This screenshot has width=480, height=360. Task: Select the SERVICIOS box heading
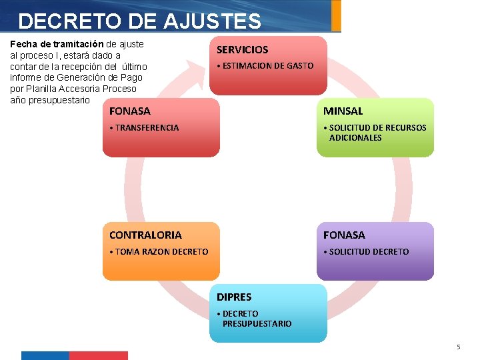(x=242, y=50)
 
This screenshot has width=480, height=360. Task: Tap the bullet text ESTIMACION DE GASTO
(x=267, y=66)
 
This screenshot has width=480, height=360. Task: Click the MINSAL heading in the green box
(x=343, y=111)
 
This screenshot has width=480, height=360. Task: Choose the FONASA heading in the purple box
(x=344, y=235)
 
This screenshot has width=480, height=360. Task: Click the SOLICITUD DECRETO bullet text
(x=368, y=252)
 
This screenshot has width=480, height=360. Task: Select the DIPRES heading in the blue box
(x=234, y=297)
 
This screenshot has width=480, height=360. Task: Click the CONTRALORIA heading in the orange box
(x=145, y=235)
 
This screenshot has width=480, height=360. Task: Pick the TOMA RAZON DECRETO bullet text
(x=161, y=252)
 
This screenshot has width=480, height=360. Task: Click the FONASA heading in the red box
(x=130, y=111)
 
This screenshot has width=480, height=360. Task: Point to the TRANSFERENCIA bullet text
(x=146, y=128)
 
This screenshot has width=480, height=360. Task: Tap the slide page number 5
(x=458, y=347)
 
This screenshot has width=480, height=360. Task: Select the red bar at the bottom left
(x=98, y=355)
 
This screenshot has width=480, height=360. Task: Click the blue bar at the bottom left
(x=45, y=355)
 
